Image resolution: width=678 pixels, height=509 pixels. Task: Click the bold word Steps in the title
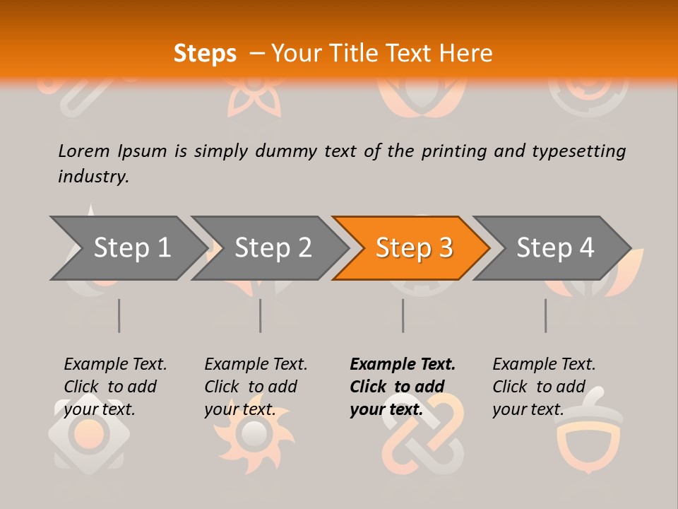tap(205, 54)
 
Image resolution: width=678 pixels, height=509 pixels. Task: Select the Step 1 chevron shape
tap(127, 248)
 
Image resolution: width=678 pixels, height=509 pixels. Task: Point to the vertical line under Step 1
tap(119, 315)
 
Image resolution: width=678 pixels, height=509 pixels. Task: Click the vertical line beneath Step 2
tap(261, 315)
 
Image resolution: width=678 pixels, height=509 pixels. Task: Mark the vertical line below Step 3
tap(403, 315)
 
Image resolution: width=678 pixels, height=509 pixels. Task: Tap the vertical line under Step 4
tap(545, 315)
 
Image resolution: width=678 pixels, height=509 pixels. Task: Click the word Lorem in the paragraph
tap(84, 151)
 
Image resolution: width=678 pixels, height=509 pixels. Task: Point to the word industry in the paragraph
tap(93, 177)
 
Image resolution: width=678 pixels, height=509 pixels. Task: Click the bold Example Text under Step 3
tap(403, 364)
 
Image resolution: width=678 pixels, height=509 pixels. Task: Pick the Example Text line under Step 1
tap(115, 364)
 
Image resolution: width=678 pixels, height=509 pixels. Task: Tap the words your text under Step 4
tap(528, 409)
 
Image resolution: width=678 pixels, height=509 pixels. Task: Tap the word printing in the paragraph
tap(451, 151)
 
